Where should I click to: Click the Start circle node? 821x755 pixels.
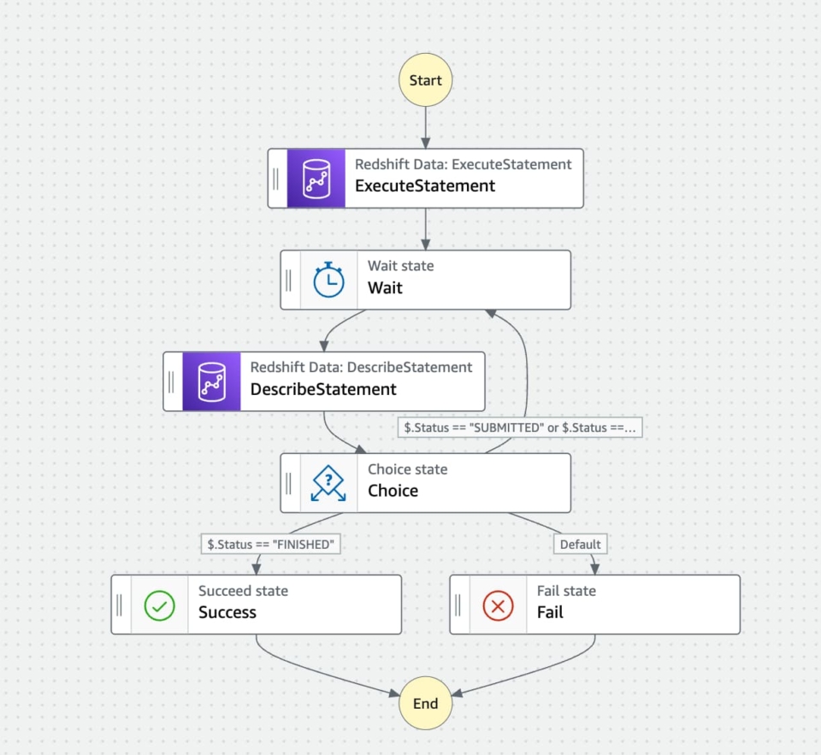tap(425, 80)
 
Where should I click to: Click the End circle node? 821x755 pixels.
tap(425, 704)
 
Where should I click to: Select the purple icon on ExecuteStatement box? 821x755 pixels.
tap(316, 178)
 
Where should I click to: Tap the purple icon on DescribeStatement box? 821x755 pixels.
tap(211, 381)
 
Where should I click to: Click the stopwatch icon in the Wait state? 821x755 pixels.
tap(328, 280)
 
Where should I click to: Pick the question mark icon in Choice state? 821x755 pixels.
tap(328, 483)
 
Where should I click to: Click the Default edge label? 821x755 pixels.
tap(580, 544)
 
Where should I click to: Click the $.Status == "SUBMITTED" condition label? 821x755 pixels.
tap(519, 427)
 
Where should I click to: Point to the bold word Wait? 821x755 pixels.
tap(385, 288)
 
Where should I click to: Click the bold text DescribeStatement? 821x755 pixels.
tap(323, 390)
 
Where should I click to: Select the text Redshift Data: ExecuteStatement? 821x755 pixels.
tap(463, 163)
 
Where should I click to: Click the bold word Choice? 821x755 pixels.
tap(393, 491)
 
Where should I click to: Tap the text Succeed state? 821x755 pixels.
tap(243, 591)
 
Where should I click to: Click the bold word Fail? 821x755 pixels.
tap(550, 612)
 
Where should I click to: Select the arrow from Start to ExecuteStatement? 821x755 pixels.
tap(425, 128)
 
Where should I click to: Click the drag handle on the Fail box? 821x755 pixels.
tap(458, 605)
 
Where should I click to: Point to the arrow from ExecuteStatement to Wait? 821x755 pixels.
tap(425, 228)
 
